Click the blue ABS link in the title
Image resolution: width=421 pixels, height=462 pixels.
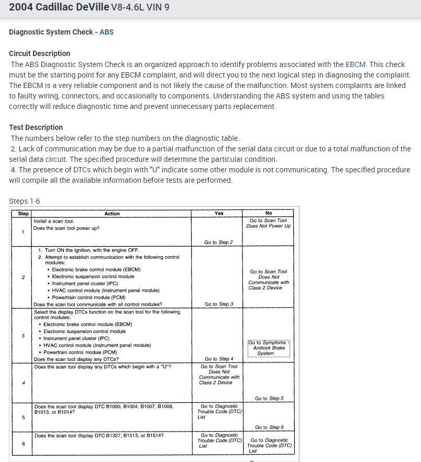tap(106, 32)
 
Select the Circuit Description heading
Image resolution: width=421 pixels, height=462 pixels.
tap(39, 53)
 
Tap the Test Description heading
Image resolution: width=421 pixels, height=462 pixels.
tap(36, 127)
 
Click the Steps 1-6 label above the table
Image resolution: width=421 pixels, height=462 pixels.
tap(25, 201)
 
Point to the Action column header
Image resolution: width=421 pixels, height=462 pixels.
tap(112, 214)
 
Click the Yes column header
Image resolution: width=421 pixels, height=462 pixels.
tap(219, 214)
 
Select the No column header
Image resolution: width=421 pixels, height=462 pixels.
tap(269, 214)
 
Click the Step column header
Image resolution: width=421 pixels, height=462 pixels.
tap(24, 214)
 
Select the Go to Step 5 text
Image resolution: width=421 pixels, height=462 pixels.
tap(269, 399)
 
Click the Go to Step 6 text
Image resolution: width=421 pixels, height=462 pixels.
tap(269, 427)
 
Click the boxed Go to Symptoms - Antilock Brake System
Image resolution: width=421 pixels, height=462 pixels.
tap(269, 348)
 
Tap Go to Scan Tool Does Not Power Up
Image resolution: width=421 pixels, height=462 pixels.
tap(269, 223)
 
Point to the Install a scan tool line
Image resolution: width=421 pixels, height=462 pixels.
tap(53, 221)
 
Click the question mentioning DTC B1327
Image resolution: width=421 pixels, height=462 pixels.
tap(99, 435)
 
